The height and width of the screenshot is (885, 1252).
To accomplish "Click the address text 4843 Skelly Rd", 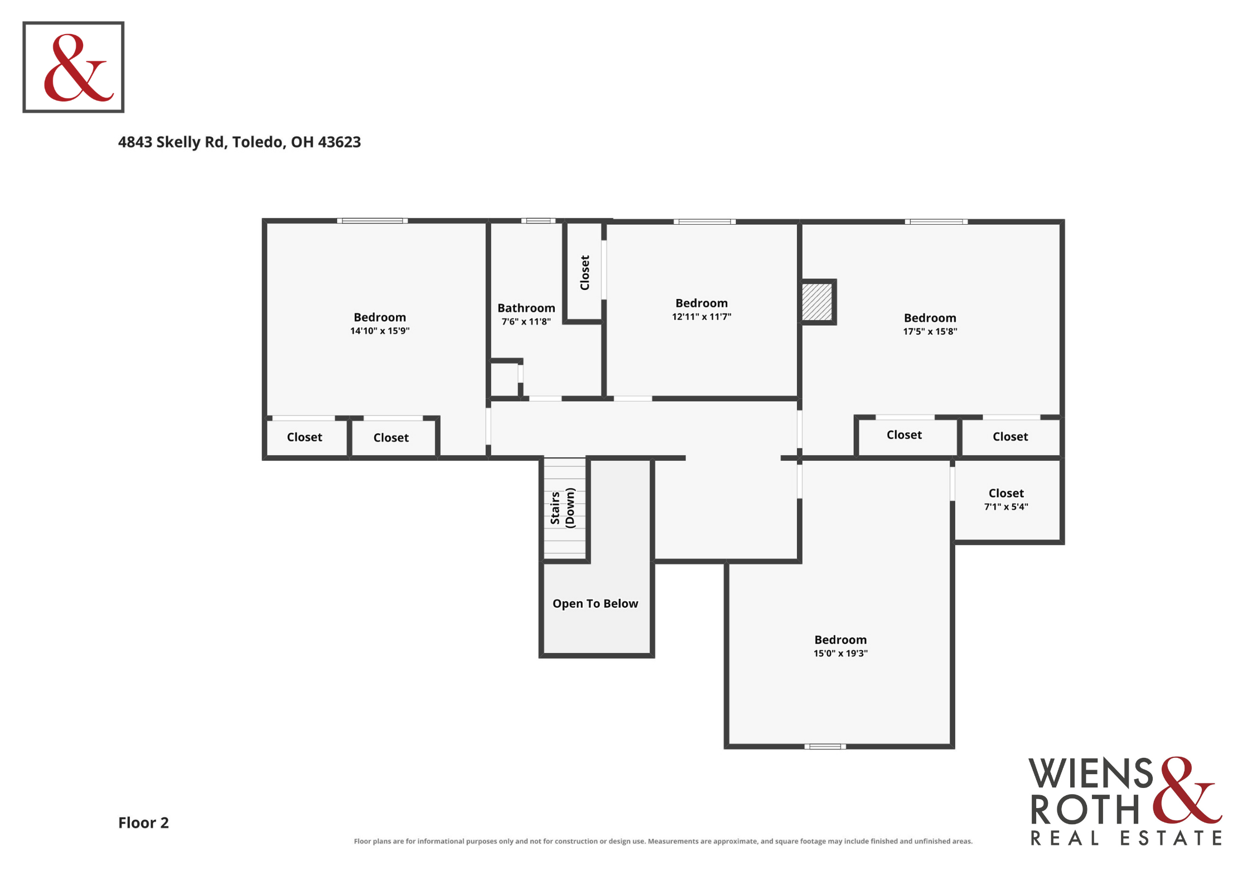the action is tap(171, 143).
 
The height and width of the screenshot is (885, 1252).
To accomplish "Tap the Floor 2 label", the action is tap(143, 823).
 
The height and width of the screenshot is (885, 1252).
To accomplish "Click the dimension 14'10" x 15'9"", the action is tap(380, 331).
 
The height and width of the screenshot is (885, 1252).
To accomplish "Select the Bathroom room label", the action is tap(526, 308).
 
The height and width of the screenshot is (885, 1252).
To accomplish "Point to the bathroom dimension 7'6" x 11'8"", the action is tap(526, 322).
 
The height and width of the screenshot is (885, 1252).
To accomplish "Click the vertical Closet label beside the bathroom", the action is tap(584, 273).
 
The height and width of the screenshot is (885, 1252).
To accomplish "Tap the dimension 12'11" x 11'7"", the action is tap(702, 317).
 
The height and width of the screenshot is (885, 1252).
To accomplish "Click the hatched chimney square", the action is tap(817, 302).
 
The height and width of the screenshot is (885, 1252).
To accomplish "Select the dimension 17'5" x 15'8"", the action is tap(930, 331).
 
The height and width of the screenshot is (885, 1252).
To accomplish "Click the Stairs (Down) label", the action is tap(563, 507).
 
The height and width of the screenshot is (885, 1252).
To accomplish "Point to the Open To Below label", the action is tap(595, 603).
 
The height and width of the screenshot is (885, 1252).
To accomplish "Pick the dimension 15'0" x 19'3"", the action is tap(840, 653).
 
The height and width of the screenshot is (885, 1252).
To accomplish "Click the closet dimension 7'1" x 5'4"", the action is tap(1006, 507).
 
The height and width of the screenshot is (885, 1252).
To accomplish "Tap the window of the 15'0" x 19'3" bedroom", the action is tap(825, 746).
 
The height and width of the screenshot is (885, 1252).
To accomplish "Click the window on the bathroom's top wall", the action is tap(538, 221).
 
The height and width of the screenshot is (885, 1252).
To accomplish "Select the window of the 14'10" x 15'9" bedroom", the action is tap(372, 221).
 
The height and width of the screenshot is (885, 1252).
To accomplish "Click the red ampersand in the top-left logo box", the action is tap(79, 68).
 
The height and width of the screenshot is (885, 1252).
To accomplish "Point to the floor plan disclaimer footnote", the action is tap(663, 841).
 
